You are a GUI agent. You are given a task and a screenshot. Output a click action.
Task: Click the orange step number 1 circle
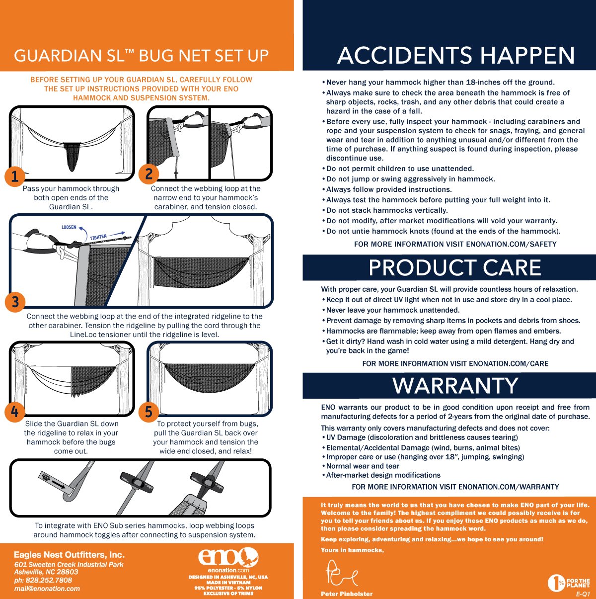pos(14,176)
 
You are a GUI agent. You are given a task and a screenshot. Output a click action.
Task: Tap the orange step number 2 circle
pos(149,174)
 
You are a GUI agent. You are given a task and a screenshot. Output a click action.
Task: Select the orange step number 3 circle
pos(15,302)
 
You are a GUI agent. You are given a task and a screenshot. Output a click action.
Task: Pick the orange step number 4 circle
pos(14,412)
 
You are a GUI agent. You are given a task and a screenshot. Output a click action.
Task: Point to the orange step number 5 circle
pos(149,412)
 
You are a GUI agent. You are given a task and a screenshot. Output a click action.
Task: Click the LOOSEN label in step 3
pos(69,227)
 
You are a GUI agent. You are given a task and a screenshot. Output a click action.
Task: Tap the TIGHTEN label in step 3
pos(98,237)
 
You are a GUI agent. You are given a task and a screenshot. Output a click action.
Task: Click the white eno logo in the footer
pos(228,557)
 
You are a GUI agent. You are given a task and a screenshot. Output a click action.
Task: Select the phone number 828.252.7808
pos(43,580)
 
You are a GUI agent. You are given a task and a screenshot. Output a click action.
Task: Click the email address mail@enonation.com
pos(47,589)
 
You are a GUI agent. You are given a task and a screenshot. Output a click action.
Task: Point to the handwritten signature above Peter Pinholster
pos(341,573)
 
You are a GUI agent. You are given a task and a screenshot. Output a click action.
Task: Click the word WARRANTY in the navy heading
pos(455,386)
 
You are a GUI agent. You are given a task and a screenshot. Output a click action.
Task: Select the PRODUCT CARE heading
pos(455,267)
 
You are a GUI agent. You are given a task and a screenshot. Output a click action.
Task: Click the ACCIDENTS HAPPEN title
pos(456,55)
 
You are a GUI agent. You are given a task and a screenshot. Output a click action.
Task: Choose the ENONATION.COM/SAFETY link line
pos(455,244)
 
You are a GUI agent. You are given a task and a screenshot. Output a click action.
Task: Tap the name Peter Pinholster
pos(347,594)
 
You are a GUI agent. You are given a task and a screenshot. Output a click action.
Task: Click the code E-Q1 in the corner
pos(583,594)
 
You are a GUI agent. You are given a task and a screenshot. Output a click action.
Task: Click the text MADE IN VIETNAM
pos(228,582)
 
